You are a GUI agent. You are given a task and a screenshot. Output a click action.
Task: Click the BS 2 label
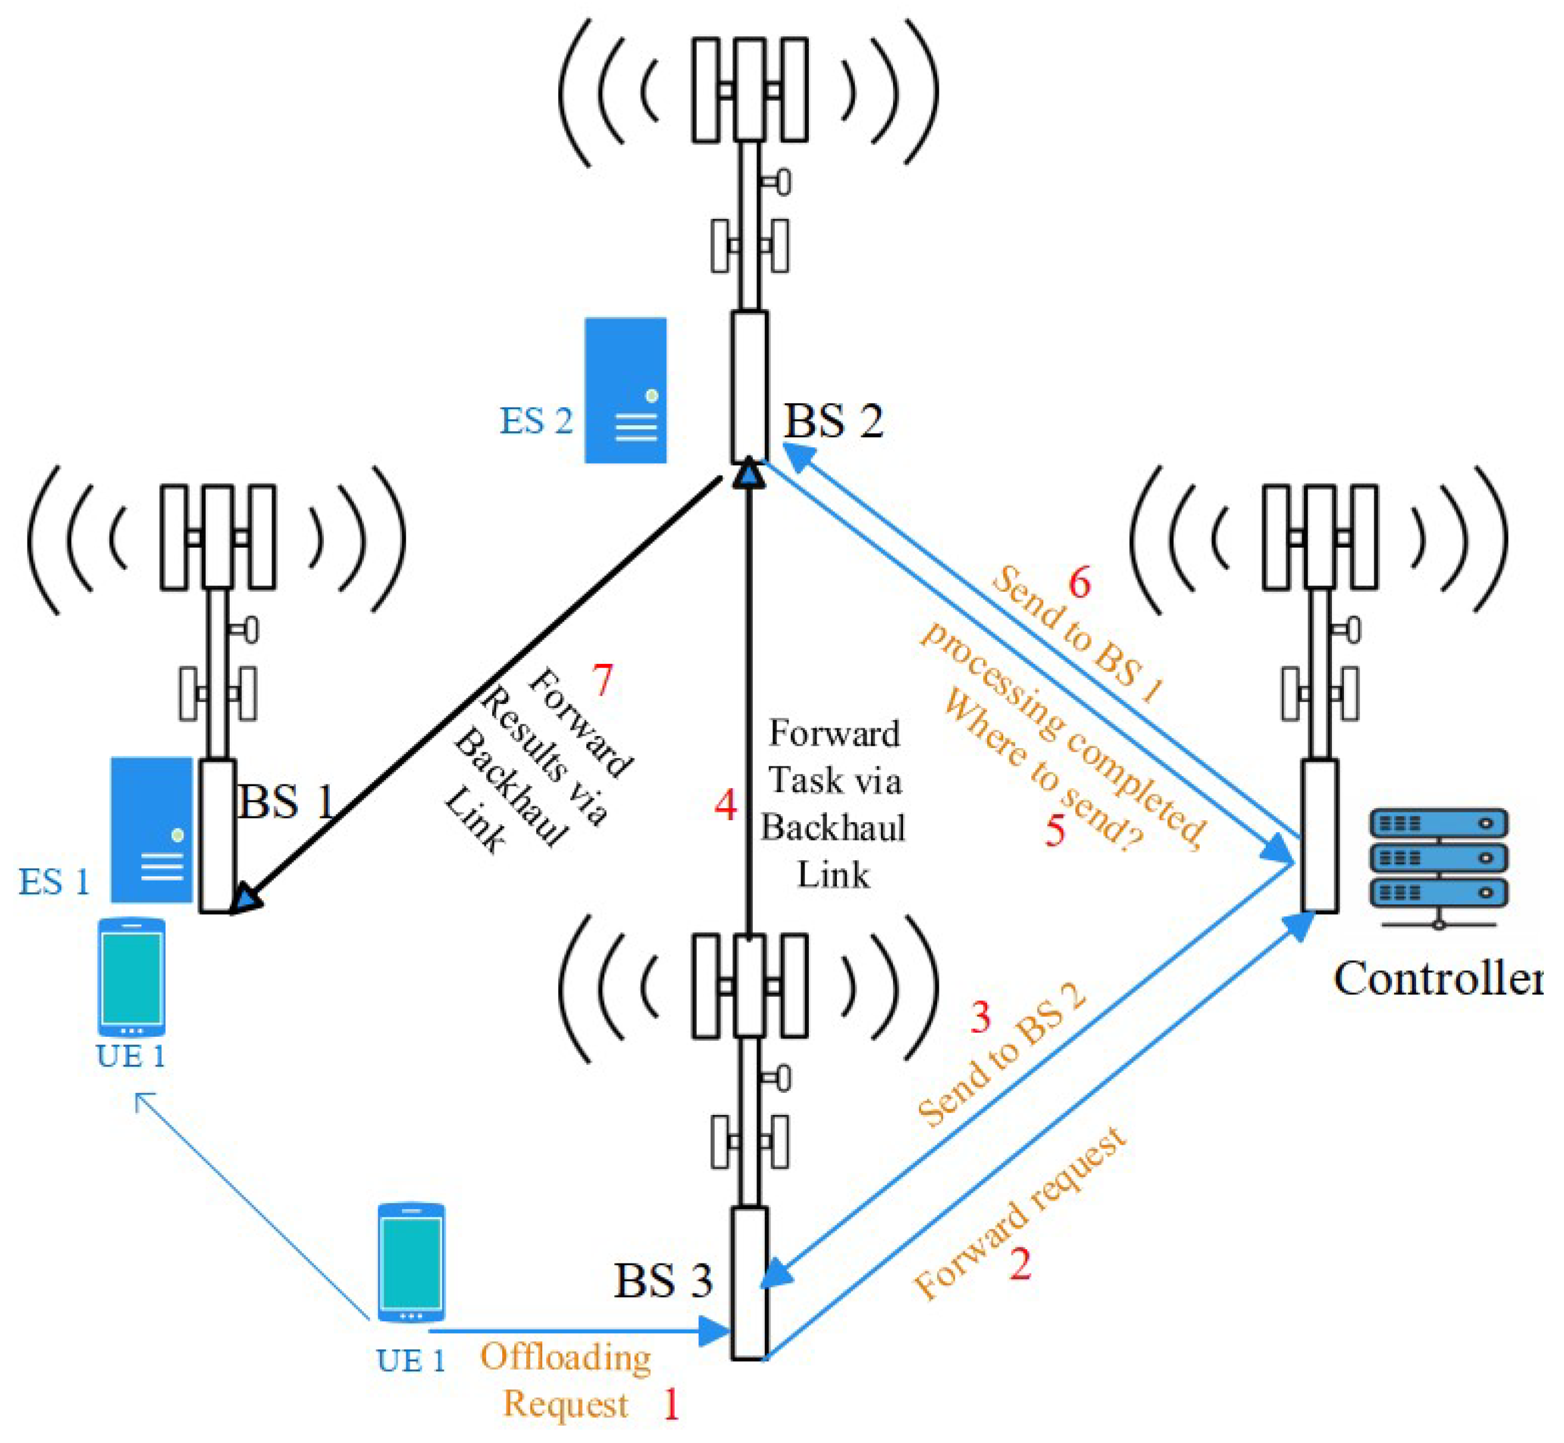pyautogui.click(x=833, y=422)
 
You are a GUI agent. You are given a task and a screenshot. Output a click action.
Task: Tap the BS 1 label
pyautogui.click(x=286, y=801)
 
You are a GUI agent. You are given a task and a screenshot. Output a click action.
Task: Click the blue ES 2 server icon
pyautogui.click(x=626, y=390)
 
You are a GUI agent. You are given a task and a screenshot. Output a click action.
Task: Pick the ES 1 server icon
pyautogui.click(x=152, y=829)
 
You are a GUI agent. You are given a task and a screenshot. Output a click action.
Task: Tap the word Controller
pyautogui.click(x=1437, y=978)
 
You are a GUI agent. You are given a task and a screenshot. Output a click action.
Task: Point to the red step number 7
pyautogui.click(x=602, y=680)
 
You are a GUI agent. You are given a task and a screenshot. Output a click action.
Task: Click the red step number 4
pyautogui.click(x=725, y=805)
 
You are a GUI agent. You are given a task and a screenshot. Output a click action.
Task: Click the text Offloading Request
pyautogui.click(x=566, y=1380)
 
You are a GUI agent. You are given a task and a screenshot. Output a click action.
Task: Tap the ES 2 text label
pyautogui.click(x=536, y=422)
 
